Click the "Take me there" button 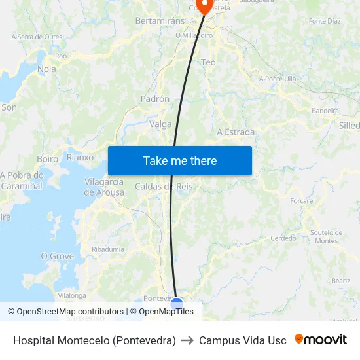coord(180,160)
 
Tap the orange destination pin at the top coord(205,6)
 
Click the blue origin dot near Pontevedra coord(177,303)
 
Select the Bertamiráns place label coord(160,21)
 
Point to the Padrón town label coord(155,99)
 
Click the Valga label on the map coord(160,124)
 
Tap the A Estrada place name coord(236,132)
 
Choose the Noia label coord(47,69)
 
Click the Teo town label coord(208,62)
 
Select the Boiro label coord(48,158)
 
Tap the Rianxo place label coord(81,158)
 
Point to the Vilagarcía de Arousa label coord(104,187)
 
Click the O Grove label coord(58,256)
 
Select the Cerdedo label coord(283,238)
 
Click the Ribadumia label coord(108,249)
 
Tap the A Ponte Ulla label coord(278,79)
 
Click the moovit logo coord(321,340)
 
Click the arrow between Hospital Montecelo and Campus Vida coord(187,340)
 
